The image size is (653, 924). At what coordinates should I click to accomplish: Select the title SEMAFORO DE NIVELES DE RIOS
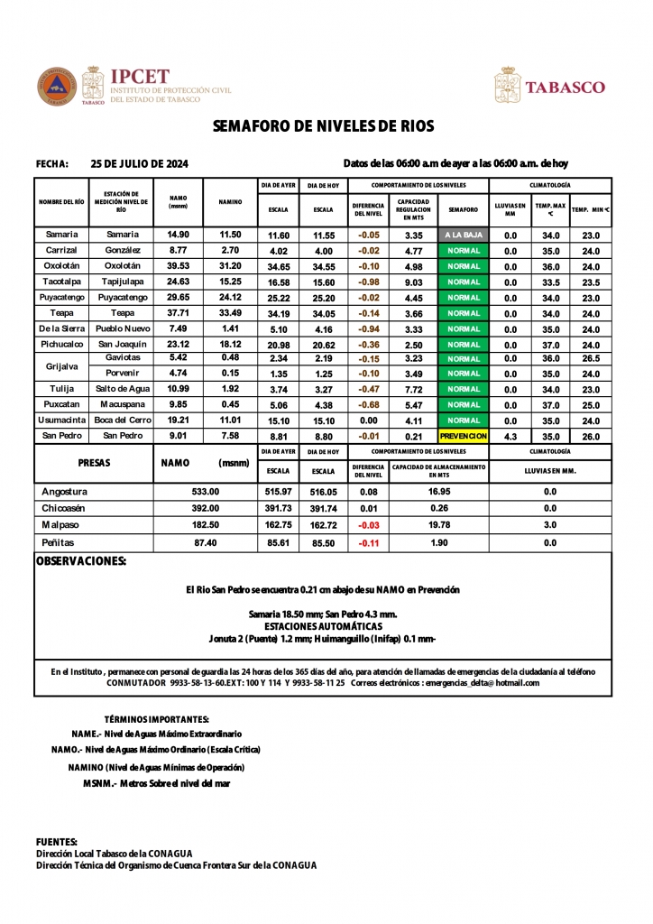[x=324, y=126]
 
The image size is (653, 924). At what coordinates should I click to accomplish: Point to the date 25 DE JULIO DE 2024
[x=140, y=163]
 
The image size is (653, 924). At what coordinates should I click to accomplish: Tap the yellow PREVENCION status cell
[x=464, y=436]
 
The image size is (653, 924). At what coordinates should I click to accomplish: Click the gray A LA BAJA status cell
[x=464, y=235]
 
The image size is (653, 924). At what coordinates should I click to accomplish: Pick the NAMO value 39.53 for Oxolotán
[x=178, y=266]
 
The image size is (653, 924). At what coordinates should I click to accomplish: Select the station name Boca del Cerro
[x=122, y=420]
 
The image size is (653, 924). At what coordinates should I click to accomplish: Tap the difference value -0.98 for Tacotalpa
[x=368, y=282]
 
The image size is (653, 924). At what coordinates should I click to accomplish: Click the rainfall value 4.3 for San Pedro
[x=510, y=436]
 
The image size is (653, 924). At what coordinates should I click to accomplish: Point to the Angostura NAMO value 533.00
[x=206, y=492]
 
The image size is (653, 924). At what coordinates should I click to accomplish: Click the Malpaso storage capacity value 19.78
[x=439, y=524]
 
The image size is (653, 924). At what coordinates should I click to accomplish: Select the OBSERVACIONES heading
[x=80, y=561]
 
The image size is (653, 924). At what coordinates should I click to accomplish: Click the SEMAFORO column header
[x=464, y=209]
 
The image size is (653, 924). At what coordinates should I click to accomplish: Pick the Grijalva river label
[x=61, y=366]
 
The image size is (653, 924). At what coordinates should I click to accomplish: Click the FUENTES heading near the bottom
[x=56, y=841]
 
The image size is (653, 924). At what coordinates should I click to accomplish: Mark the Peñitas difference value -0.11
[x=368, y=543]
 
